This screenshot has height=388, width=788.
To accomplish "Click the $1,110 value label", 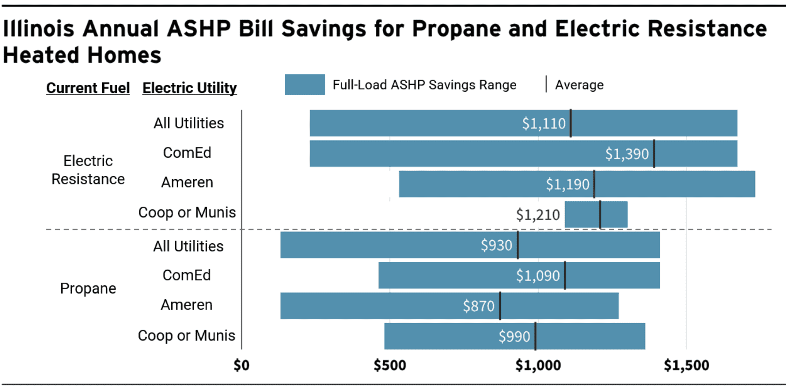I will [544, 124].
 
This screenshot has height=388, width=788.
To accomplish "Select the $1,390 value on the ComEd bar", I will [627, 154].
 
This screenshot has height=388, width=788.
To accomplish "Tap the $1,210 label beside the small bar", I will [538, 215].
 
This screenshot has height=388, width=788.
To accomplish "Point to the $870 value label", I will [478, 306].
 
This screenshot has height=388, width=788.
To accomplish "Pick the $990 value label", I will [514, 337].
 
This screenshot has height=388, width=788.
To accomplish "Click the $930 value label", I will [496, 245].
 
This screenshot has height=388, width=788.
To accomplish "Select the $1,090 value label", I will [538, 276].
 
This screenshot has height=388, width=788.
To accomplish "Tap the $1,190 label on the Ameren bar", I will [567, 184].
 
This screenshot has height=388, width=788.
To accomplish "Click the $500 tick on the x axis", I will [390, 366].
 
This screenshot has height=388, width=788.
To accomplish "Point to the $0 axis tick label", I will [242, 366].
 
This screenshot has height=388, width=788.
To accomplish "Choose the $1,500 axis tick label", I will [686, 366].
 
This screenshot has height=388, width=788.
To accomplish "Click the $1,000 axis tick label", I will [538, 366].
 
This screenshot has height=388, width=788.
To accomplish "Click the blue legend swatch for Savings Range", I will [305, 85].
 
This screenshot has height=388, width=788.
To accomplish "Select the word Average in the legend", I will [579, 85].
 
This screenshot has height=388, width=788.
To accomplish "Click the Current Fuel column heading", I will [88, 88].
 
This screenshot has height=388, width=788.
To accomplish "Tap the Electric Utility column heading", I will [189, 88].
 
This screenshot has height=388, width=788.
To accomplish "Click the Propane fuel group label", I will [88, 289].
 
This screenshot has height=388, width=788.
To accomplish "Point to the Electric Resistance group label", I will [88, 170].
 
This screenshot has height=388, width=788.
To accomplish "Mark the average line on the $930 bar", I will [518, 245].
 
